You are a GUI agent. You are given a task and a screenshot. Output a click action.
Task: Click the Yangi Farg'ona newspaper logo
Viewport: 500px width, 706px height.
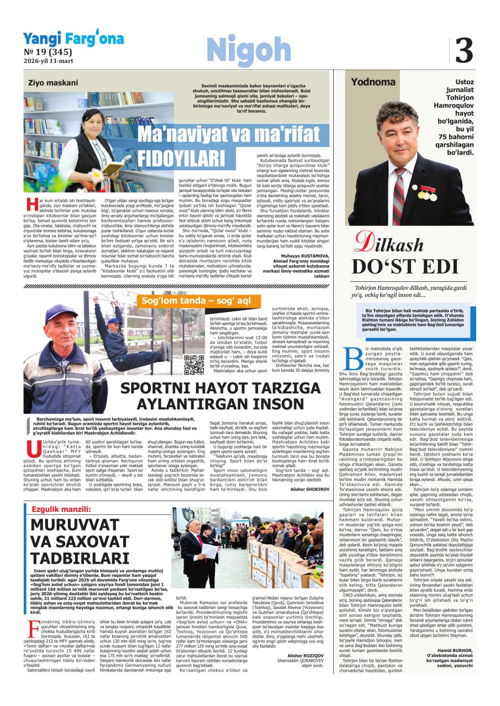coord(73,39)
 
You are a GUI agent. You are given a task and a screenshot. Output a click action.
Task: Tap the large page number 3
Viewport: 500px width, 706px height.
coord(464,51)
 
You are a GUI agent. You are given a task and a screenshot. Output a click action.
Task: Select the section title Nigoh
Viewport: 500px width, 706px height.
coord(249,51)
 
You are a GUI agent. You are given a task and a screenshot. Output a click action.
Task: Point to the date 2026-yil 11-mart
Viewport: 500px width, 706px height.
coord(49,61)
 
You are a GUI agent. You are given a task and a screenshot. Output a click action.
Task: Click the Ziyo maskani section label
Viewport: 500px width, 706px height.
coord(53,83)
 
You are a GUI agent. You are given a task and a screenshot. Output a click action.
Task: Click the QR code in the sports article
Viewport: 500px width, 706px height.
coord(193,365)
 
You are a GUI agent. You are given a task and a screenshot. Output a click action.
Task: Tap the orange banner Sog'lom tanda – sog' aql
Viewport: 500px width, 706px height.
coord(196,301)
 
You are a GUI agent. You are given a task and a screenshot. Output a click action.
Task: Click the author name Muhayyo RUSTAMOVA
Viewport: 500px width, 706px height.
coord(298,256)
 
